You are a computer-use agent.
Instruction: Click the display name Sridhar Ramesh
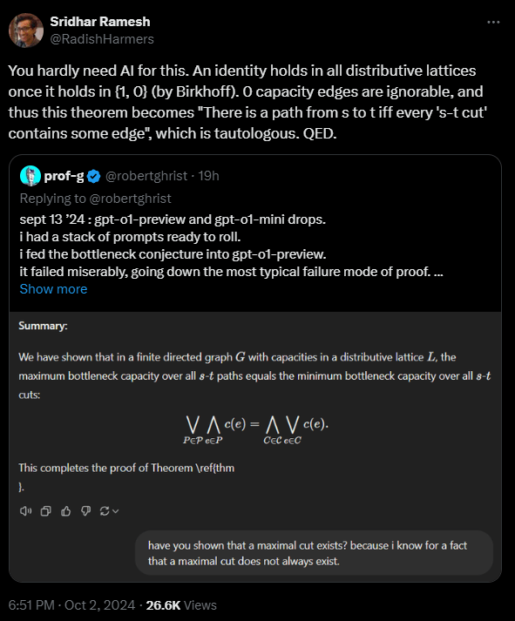[99, 21]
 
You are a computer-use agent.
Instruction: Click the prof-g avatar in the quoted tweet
[30, 175]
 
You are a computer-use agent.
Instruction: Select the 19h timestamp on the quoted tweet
[209, 176]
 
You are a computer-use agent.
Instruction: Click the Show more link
[53, 288]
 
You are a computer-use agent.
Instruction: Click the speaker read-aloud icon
[25, 510]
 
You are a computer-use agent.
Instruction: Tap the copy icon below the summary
[46, 510]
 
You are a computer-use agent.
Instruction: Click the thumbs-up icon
[65, 510]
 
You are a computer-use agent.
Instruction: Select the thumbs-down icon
[85, 510]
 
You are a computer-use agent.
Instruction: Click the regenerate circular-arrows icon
[106, 510]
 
